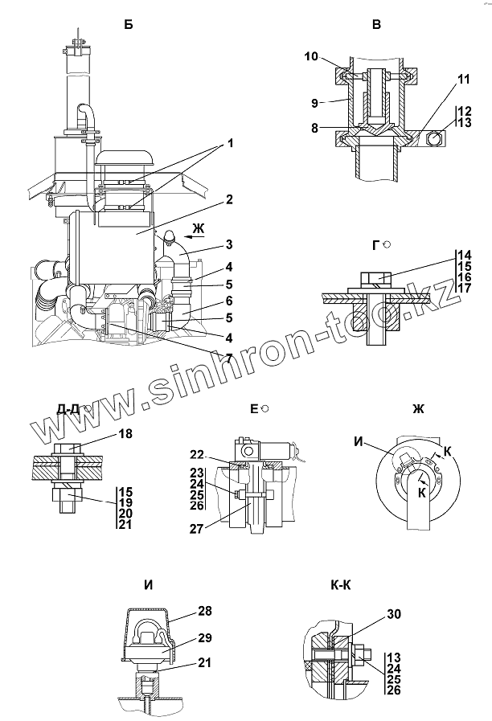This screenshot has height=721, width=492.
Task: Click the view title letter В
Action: [375, 25]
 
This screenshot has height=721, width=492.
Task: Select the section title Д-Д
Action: [68, 408]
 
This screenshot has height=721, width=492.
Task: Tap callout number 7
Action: [230, 358]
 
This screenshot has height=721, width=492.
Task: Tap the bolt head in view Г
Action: [374, 279]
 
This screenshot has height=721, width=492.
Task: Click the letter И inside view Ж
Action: [358, 440]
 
